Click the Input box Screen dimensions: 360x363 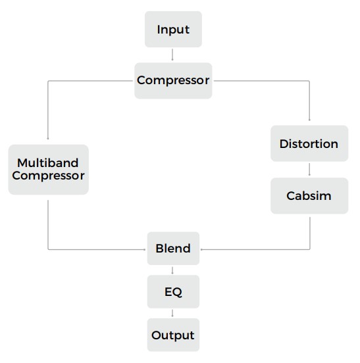click(173, 30)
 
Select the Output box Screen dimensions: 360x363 click(173, 335)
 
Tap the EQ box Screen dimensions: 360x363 click(173, 292)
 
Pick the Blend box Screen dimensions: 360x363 click(173, 249)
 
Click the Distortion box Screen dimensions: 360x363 click(309, 143)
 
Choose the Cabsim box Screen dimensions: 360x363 click(309, 196)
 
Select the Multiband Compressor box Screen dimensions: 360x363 click(49, 170)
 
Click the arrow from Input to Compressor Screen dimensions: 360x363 click(172, 55)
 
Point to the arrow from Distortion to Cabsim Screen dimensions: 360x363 click(309, 170)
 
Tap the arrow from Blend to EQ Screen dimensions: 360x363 click(172, 270)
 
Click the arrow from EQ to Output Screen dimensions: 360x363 click(172, 313)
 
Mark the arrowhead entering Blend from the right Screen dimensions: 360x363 click(202, 250)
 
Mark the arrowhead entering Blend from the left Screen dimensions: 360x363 click(144, 250)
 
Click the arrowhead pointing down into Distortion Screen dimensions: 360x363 click(309, 120)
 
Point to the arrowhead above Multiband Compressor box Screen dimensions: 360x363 click(48, 139)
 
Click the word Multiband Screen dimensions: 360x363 click(48, 163)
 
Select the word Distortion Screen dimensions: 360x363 click(309, 144)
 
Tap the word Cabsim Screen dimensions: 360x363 click(309, 196)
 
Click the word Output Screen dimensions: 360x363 click(173, 335)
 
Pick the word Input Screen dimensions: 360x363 click(173, 30)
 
